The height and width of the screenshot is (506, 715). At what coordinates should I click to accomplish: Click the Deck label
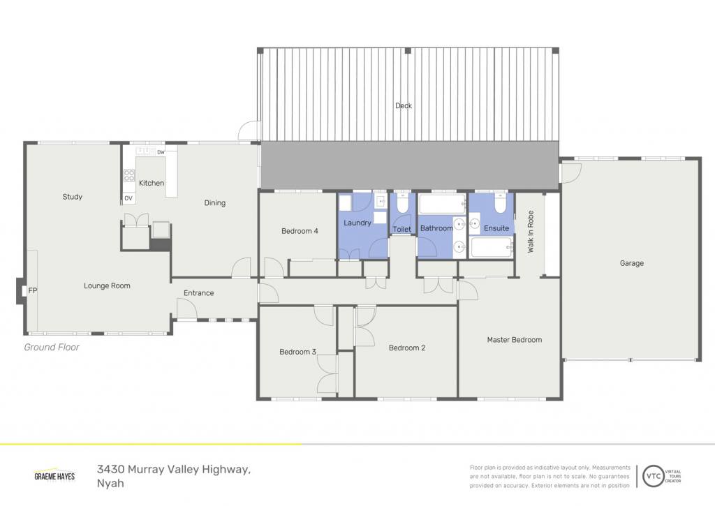pyautogui.click(x=404, y=106)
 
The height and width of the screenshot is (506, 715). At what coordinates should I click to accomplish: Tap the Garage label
pyautogui.click(x=631, y=263)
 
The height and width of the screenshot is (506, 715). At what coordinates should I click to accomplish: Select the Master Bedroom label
pyautogui.click(x=515, y=340)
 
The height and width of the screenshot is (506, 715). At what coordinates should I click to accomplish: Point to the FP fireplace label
pyautogui.click(x=32, y=290)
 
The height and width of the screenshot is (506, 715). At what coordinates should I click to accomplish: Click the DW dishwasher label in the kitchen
pyautogui.click(x=161, y=152)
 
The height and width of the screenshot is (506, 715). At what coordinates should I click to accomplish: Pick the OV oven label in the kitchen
pyautogui.click(x=128, y=198)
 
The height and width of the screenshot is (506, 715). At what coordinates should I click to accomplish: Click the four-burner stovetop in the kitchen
pyautogui.click(x=129, y=175)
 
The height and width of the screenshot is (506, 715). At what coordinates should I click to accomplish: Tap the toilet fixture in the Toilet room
pyautogui.click(x=402, y=204)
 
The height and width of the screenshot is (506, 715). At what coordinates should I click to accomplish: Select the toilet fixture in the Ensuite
pyautogui.click(x=500, y=204)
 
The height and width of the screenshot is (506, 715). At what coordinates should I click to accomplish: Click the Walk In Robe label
pyautogui.click(x=531, y=232)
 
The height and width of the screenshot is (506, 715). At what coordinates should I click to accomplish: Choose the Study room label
pyautogui.click(x=73, y=197)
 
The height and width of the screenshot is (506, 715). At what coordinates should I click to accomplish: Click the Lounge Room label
pyautogui.click(x=107, y=286)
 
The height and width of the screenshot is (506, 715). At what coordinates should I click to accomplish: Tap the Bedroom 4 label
pyautogui.click(x=300, y=231)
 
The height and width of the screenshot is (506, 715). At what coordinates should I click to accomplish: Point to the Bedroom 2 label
pyautogui.click(x=407, y=348)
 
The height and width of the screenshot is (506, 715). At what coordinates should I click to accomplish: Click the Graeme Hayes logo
pyautogui.click(x=54, y=475)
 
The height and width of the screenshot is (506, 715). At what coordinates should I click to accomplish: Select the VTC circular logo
pyautogui.click(x=654, y=477)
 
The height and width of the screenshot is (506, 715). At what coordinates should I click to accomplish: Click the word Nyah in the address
pyautogui.click(x=110, y=483)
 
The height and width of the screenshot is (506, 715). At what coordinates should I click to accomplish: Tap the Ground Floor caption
pyautogui.click(x=52, y=348)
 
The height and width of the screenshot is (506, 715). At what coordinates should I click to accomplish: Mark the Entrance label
pyautogui.click(x=199, y=293)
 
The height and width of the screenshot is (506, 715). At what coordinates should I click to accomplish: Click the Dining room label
pyautogui.click(x=215, y=203)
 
